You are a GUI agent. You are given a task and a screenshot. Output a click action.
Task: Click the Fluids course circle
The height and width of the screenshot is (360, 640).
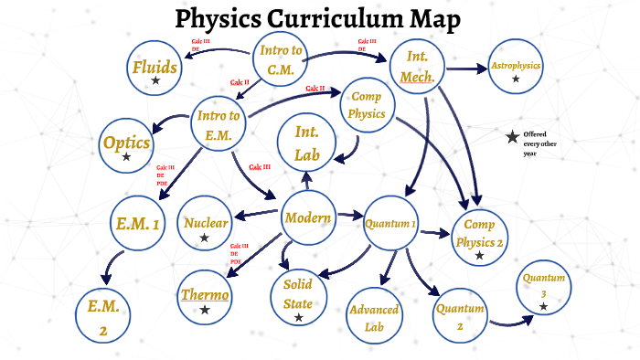coord(155,69)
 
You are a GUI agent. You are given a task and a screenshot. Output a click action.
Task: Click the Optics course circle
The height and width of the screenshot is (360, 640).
coord(126,145)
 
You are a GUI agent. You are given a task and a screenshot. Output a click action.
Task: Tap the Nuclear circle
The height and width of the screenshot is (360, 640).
coord(206,225)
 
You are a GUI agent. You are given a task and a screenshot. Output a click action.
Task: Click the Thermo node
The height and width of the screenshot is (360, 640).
coord(205,298)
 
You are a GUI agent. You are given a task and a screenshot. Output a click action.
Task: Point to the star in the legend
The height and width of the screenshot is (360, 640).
coord(512,137)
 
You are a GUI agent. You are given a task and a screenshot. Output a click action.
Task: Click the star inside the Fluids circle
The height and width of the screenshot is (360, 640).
coord(155,81)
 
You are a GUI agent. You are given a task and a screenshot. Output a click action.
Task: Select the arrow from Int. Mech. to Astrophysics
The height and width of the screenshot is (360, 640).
coord(469,69)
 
